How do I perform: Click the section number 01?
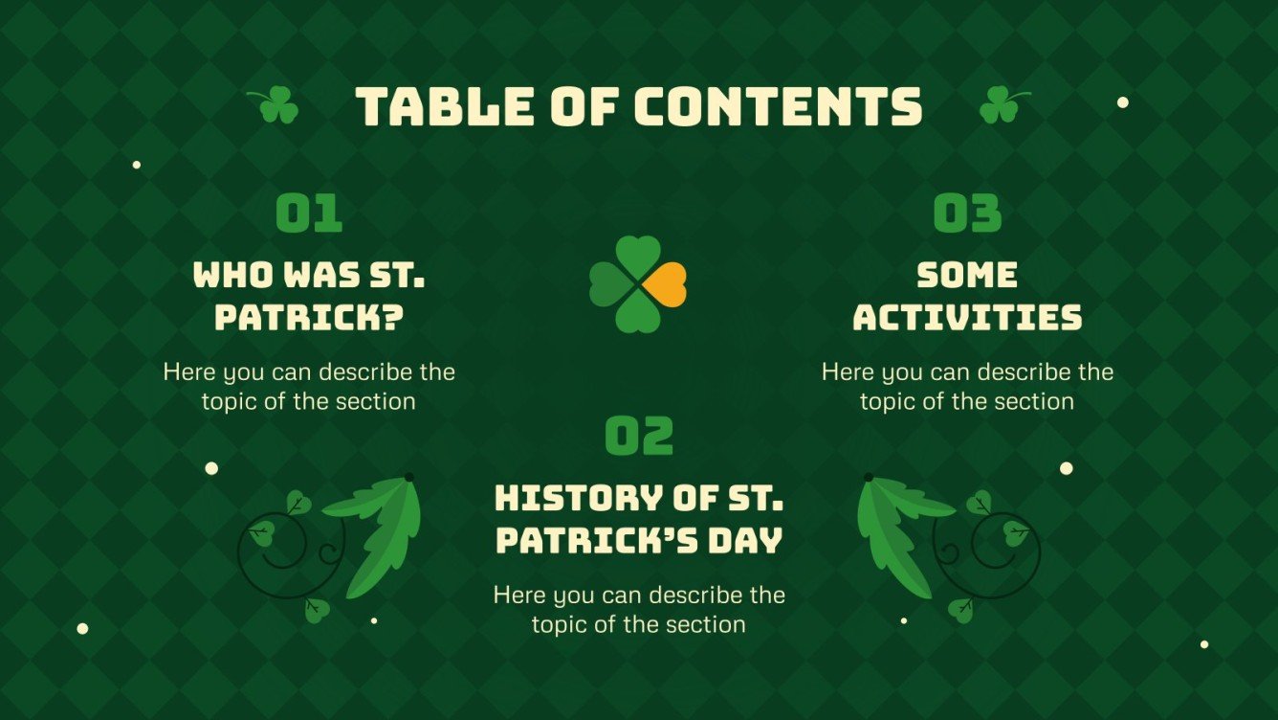[309, 214]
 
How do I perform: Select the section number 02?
[639, 437]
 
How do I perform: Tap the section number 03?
[967, 214]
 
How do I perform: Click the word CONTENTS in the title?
[778, 106]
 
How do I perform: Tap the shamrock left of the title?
[276, 104]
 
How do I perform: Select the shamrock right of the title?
[1001, 104]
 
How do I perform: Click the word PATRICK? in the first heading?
[308, 318]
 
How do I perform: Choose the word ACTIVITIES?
[967, 318]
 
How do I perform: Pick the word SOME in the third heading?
[967, 276]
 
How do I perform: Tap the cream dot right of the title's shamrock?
[1123, 102]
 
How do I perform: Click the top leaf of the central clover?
[638, 258]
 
